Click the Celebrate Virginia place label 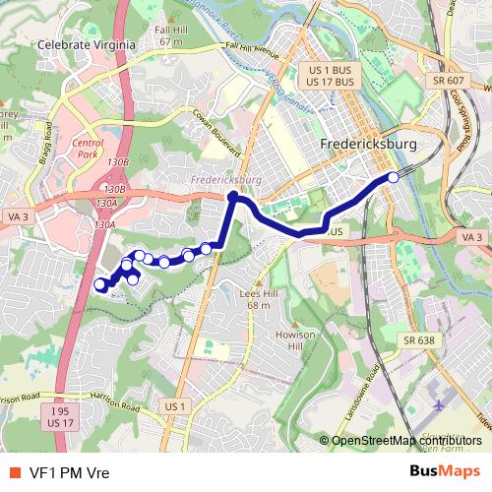tap(77, 44)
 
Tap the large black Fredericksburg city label tap(369, 145)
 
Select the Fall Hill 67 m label tap(170, 36)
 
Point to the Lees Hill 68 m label tap(258, 300)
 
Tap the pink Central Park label tap(88, 149)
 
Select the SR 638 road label tap(417, 339)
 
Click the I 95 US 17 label tap(61, 416)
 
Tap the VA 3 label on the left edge tap(16, 215)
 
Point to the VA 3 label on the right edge tap(471, 237)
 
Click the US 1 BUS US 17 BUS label tap(330, 77)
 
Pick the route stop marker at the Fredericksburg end tap(394, 177)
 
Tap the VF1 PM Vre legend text tap(69, 471)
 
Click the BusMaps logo tap(446, 470)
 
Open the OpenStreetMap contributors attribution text tap(406, 440)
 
